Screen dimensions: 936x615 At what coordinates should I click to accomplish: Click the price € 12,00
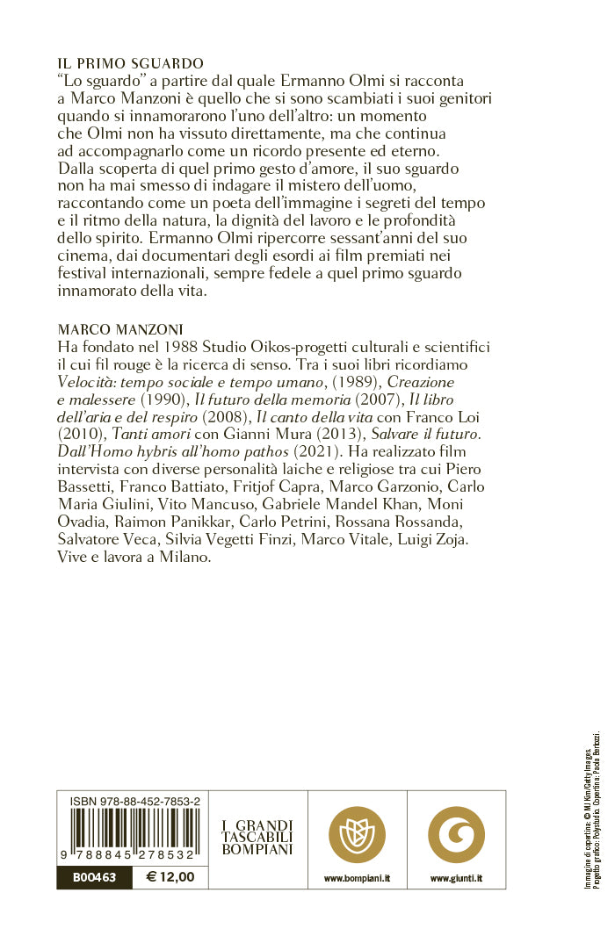pos(170,876)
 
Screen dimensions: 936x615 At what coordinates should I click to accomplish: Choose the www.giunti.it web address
pos(455,877)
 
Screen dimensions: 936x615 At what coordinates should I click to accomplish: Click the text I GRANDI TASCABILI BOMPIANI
pos(257,838)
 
